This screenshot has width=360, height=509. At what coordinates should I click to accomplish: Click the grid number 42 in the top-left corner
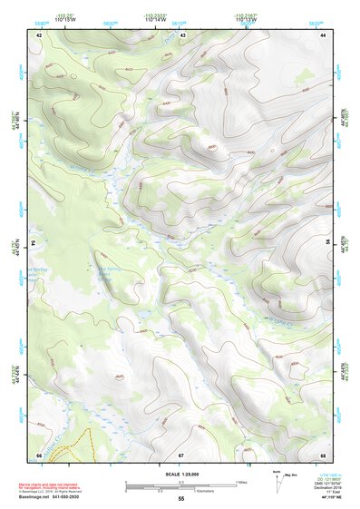[39, 34]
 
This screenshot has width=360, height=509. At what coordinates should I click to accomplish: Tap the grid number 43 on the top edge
[183, 34]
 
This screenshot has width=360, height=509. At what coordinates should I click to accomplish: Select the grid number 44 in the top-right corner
[323, 34]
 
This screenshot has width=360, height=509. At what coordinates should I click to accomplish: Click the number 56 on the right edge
[328, 243]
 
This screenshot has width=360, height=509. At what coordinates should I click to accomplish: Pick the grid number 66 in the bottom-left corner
[39, 455]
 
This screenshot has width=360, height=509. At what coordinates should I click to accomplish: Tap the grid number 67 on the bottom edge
[181, 455]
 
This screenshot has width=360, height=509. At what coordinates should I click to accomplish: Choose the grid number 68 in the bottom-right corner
[323, 455]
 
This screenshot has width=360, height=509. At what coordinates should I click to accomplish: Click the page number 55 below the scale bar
[180, 499]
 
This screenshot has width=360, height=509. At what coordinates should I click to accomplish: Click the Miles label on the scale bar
[240, 481]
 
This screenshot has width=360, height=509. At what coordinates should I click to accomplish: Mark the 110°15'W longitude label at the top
[63, 19]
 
